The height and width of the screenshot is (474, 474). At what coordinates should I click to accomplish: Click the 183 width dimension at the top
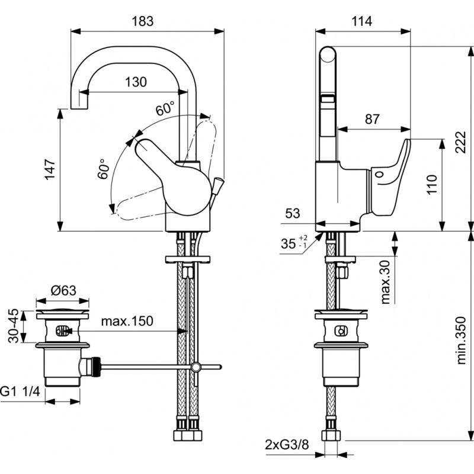143,21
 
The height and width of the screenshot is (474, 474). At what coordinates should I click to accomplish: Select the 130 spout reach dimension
136,82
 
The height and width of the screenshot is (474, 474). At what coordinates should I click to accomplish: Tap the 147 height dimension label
50,169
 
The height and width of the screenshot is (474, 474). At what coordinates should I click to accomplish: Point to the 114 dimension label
361,21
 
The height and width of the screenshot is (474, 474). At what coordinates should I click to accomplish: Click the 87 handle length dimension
372,119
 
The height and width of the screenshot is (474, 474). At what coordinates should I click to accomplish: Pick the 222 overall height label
461,142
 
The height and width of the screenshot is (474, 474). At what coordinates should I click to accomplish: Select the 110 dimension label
432,184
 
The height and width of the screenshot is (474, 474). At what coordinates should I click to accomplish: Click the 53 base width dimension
293,213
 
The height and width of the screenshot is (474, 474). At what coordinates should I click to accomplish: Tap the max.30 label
386,282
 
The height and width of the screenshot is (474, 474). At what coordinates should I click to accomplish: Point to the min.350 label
461,340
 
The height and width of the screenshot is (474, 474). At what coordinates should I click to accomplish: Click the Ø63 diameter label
63,290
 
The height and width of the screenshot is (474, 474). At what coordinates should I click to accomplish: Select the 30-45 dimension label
13,326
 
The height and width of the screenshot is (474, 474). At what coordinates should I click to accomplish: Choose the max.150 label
127,321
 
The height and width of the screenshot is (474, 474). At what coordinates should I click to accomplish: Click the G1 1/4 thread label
20,392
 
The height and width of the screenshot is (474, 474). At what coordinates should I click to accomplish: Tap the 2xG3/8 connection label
287,445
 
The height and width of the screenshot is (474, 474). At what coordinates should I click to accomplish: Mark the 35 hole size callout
294,242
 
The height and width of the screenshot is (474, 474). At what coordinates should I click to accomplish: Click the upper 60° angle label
165,108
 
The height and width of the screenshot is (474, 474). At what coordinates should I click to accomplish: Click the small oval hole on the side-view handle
379,174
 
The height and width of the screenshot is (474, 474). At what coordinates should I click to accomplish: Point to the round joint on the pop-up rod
196,367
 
